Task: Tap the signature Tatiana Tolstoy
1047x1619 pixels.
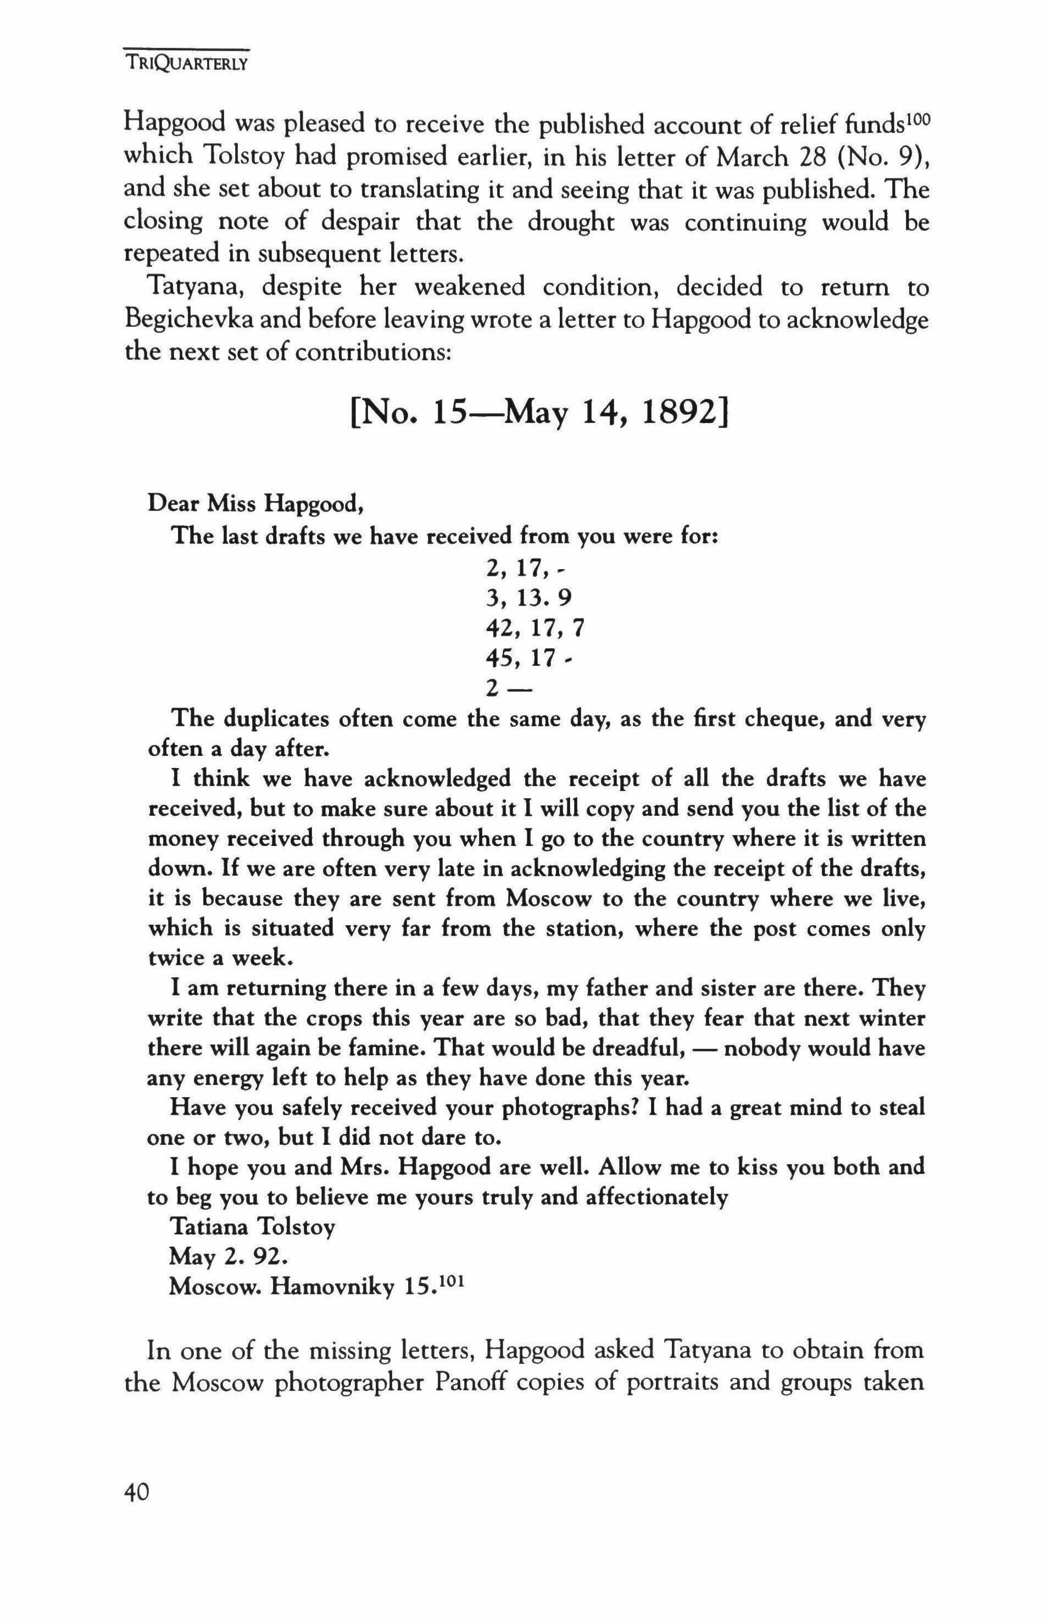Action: coord(252,1227)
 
